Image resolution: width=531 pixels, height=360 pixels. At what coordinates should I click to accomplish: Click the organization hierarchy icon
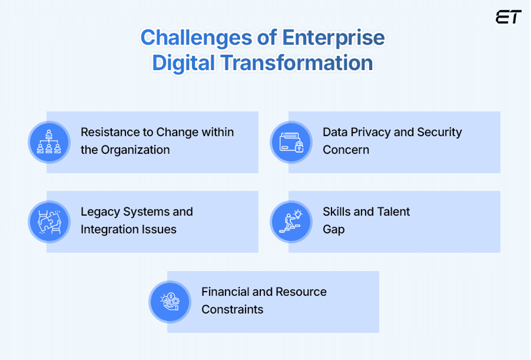tap(49, 142)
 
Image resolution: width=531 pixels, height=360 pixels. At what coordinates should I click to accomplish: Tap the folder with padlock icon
tap(291, 142)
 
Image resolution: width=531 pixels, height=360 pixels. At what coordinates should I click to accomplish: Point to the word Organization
tap(136, 150)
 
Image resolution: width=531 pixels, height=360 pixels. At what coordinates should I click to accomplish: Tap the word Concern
tap(346, 150)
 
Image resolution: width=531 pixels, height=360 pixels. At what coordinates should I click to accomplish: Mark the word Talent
tap(392, 212)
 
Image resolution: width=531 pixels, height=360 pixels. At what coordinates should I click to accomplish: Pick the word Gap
tap(333, 229)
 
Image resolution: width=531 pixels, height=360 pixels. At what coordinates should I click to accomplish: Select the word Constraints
tap(232, 309)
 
